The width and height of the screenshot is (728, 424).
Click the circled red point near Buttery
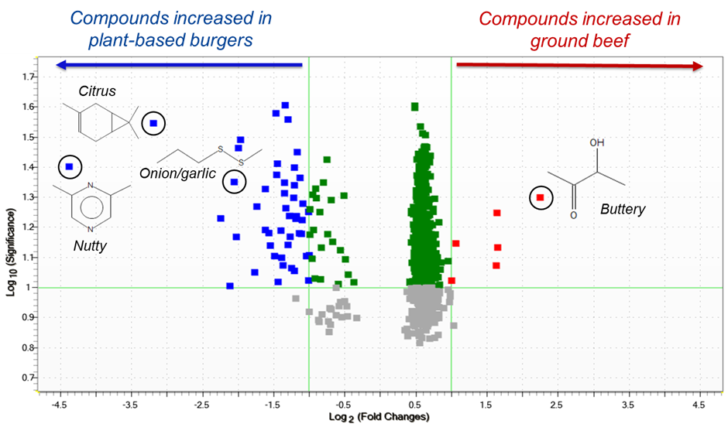tap(541, 198)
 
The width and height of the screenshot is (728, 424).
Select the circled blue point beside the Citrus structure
tap(153, 123)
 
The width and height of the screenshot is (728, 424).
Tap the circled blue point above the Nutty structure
tap(70, 166)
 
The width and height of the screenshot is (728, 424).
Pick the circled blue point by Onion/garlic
tap(234, 182)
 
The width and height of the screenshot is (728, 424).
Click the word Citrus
tap(98, 91)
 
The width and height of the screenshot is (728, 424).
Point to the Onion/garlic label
tap(178, 173)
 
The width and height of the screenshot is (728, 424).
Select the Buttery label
tap(623, 210)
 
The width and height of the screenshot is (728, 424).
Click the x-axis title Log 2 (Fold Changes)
tap(379, 417)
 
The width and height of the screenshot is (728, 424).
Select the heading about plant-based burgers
tap(172, 29)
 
